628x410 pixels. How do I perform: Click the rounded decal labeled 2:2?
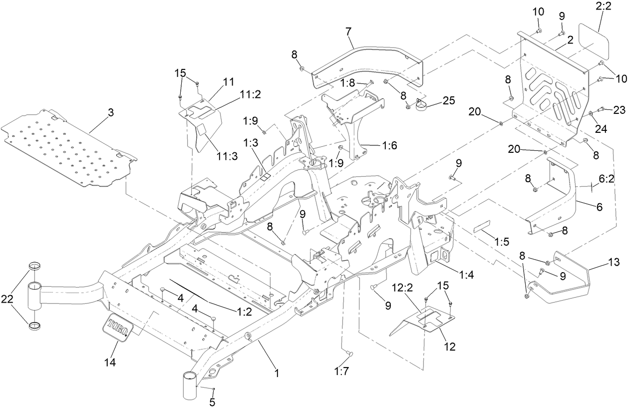594,40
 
